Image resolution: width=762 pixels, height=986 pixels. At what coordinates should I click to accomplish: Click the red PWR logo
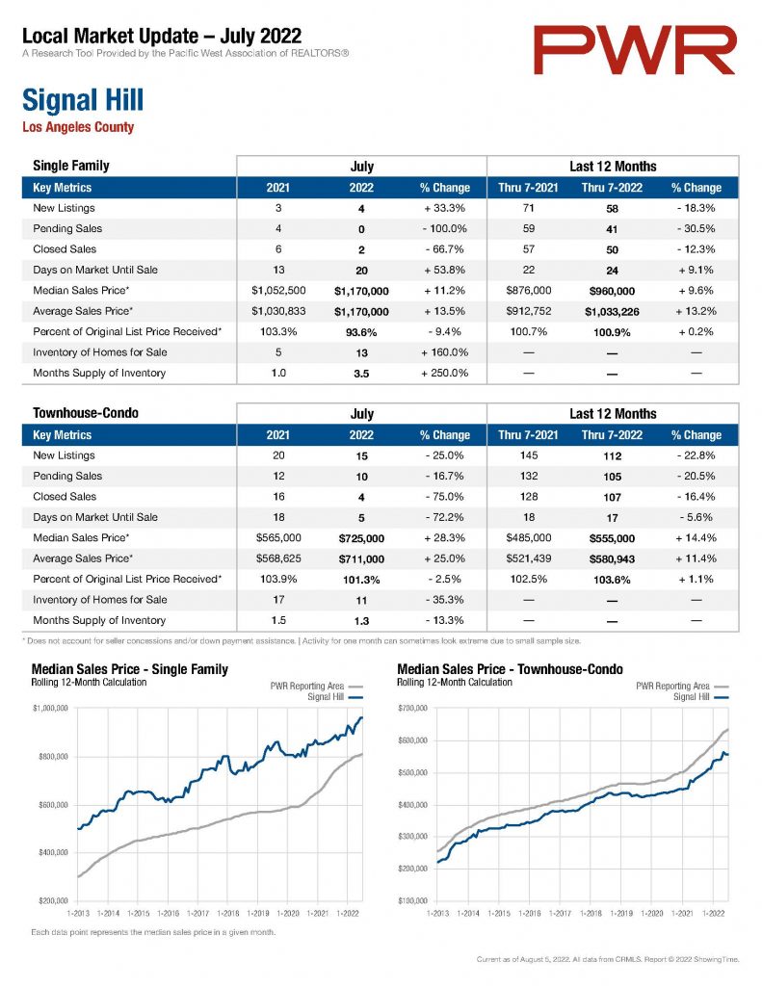[634, 50]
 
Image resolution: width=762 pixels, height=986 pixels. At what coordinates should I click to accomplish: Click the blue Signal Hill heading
[83, 100]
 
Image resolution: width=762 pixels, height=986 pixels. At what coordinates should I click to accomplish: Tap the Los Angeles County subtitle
[78, 127]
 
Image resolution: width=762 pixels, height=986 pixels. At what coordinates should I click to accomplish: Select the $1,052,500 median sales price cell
[278, 291]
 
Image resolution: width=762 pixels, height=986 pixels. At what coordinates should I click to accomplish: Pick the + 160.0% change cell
[445, 352]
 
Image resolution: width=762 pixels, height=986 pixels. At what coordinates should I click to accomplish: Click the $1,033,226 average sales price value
[612, 311]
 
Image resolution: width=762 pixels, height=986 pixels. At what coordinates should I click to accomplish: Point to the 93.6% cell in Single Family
[361, 332]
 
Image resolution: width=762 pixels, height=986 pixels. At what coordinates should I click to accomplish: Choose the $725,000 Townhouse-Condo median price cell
[361, 538]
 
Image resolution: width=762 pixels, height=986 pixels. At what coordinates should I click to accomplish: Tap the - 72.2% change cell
[445, 517]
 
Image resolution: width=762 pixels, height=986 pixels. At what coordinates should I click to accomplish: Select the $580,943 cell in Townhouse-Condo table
[612, 559]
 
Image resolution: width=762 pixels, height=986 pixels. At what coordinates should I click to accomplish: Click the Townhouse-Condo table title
[86, 413]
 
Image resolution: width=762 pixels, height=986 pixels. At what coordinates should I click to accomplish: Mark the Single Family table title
[71, 166]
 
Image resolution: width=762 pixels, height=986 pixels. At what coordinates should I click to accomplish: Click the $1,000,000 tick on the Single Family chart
[50, 708]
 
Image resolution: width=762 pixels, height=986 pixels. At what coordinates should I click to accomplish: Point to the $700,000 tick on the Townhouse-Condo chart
[412, 708]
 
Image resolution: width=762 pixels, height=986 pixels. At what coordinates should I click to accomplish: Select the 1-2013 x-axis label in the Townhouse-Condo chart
[438, 913]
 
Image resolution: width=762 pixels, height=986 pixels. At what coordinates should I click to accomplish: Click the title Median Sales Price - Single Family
[130, 669]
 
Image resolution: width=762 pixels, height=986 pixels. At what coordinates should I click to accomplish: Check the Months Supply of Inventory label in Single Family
[99, 373]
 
